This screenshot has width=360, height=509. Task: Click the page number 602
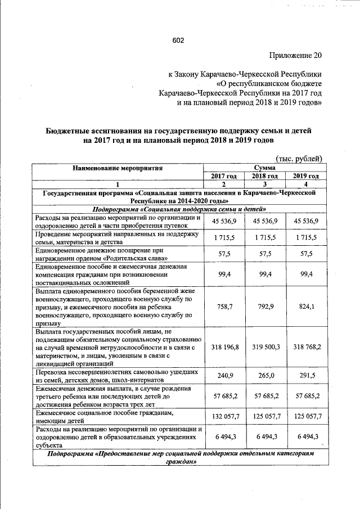point(178,40)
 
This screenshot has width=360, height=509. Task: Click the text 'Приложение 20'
point(293,56)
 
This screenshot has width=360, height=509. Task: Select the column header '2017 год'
point(223,176)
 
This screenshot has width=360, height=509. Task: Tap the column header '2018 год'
point(263,176)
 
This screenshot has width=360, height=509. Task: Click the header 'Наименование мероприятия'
point(118,168)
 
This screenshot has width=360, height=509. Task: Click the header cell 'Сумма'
point(264,168)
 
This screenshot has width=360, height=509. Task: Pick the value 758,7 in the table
point(223,308)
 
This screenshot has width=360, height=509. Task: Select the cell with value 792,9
point(263,308)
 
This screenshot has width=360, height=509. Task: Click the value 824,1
point(305,308)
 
